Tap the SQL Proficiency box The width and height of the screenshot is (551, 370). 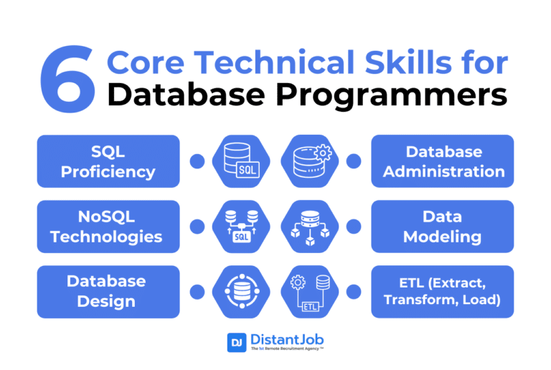[108, 161]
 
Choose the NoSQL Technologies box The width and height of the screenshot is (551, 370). [108, 227]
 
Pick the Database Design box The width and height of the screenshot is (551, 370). [108, 291]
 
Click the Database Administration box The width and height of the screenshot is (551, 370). [442, 161]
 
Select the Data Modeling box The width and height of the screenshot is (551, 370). [442, 227]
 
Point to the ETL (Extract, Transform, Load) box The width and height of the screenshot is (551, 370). [442, 291]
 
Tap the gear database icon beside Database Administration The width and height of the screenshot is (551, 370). [311, 161]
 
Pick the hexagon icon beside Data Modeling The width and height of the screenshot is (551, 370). [311, 227]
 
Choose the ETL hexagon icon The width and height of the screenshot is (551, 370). [311, 291]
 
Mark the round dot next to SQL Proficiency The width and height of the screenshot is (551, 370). [197, 161]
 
